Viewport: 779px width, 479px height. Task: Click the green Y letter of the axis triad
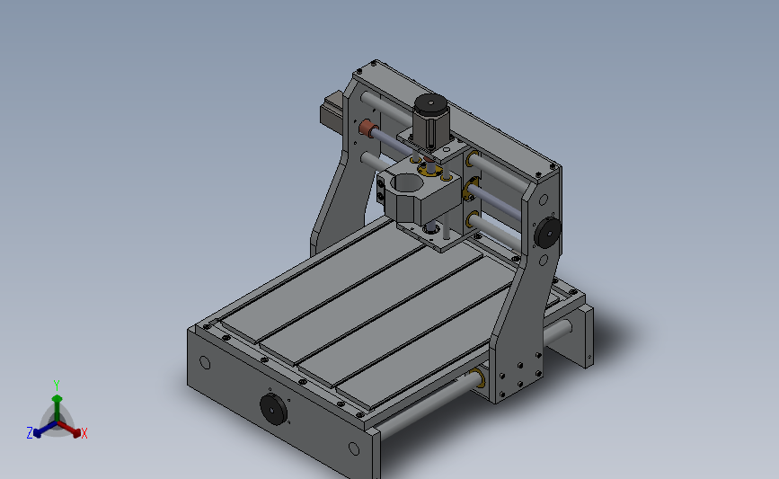[56, 386]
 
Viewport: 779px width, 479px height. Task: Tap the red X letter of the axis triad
[84, 433]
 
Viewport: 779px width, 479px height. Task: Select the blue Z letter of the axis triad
[30, 433]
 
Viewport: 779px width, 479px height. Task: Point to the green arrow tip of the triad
[57, 398]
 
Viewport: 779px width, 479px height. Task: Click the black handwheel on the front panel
[273, 409]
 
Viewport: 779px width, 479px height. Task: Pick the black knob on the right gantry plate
[547, 232]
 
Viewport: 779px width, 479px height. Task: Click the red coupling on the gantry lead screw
[367, 129]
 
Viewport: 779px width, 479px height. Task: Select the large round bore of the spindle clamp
[407, 183]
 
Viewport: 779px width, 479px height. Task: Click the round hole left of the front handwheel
[205, 363]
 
